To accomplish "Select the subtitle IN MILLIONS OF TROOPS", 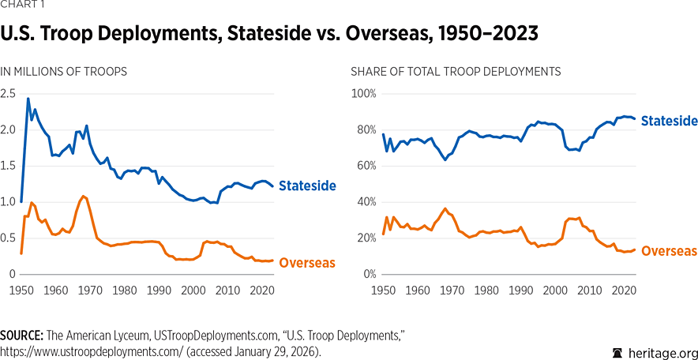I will coord(64,71).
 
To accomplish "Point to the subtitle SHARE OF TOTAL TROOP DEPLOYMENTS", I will coord(456,71).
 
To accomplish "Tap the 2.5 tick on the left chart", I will coord(9,94).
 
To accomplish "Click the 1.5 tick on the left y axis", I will coord(9,166).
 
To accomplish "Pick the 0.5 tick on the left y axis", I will coord(9,238).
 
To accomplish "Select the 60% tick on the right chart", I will coord(366,166).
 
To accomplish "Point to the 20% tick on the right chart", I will coord(366,238).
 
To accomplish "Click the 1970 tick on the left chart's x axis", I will coord(89,291).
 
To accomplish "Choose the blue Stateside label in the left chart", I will coord(309,186).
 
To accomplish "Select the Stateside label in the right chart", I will coord(670,121).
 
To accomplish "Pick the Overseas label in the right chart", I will coord(669,251).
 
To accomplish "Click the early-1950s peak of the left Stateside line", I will coord(28,99).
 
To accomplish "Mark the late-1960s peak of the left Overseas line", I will coord(82,195).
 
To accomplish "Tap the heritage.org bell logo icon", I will coord(617,352).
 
